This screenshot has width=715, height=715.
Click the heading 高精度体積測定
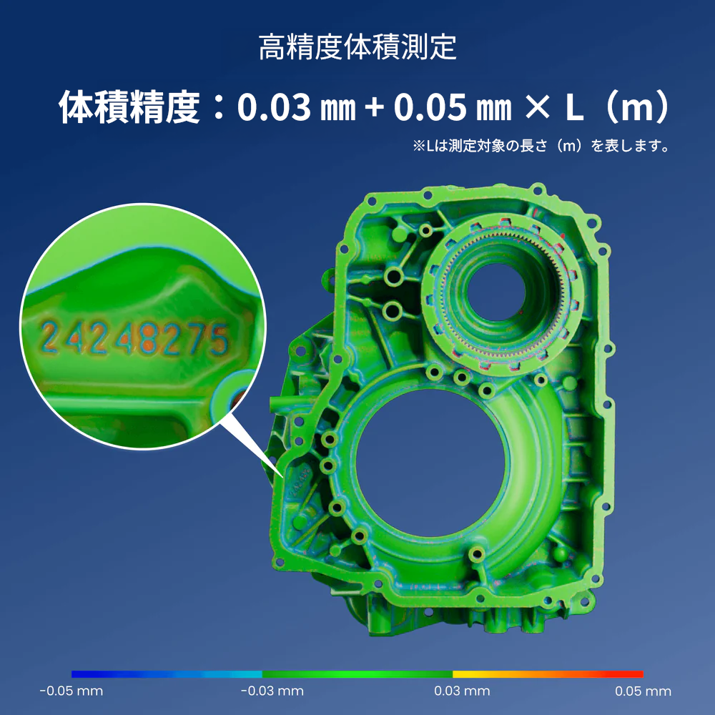(x=357, y=47)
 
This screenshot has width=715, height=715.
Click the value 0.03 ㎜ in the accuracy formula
(x=297, y=107)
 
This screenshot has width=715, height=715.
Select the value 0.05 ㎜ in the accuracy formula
(x=453, y=107)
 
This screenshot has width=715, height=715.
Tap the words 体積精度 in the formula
(x=129, y=107)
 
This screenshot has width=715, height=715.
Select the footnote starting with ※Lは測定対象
(x=541, y=146)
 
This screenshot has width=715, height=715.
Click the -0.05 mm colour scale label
(x=71, y=691)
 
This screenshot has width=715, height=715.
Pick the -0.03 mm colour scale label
(x=272, y=691)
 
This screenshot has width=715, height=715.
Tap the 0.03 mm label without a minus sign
(x=462, y=691)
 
